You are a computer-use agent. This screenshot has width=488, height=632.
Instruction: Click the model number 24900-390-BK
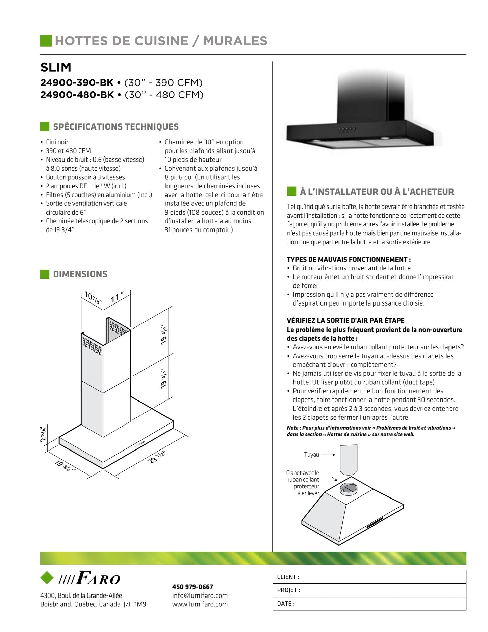point(77,83)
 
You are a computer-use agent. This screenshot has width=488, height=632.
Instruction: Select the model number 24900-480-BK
point(77,95)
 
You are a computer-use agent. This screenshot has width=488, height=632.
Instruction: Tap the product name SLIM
point(56,67)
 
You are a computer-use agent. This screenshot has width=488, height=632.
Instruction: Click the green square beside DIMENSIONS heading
point(45,274)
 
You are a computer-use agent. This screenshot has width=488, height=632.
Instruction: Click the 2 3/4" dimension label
point(43,434)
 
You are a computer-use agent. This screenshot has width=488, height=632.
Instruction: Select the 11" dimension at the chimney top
point(117,297)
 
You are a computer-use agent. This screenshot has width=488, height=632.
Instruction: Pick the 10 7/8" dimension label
point(93,297)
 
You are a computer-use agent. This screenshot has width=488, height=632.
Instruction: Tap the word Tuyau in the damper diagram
point(311,455)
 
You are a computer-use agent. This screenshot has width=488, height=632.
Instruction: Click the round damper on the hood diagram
point(348,488)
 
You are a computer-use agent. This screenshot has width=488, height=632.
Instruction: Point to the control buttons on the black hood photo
point(348,129)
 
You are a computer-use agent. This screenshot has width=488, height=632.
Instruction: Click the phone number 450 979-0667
point(192,587)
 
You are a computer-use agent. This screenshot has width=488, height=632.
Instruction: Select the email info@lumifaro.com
point(200,595)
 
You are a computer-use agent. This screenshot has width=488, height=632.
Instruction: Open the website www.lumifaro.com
point(200,604)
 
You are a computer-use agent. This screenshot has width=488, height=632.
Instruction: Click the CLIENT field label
point(288,577)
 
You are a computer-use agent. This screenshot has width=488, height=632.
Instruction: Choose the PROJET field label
point(288,590)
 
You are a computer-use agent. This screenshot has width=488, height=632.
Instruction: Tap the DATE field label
point(285,604)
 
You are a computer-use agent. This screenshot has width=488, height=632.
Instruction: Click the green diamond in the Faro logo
point(47,578)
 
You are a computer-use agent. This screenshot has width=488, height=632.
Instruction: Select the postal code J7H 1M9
point(135,604)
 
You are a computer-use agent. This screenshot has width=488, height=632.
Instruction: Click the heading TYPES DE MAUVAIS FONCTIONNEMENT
point(349,260)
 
